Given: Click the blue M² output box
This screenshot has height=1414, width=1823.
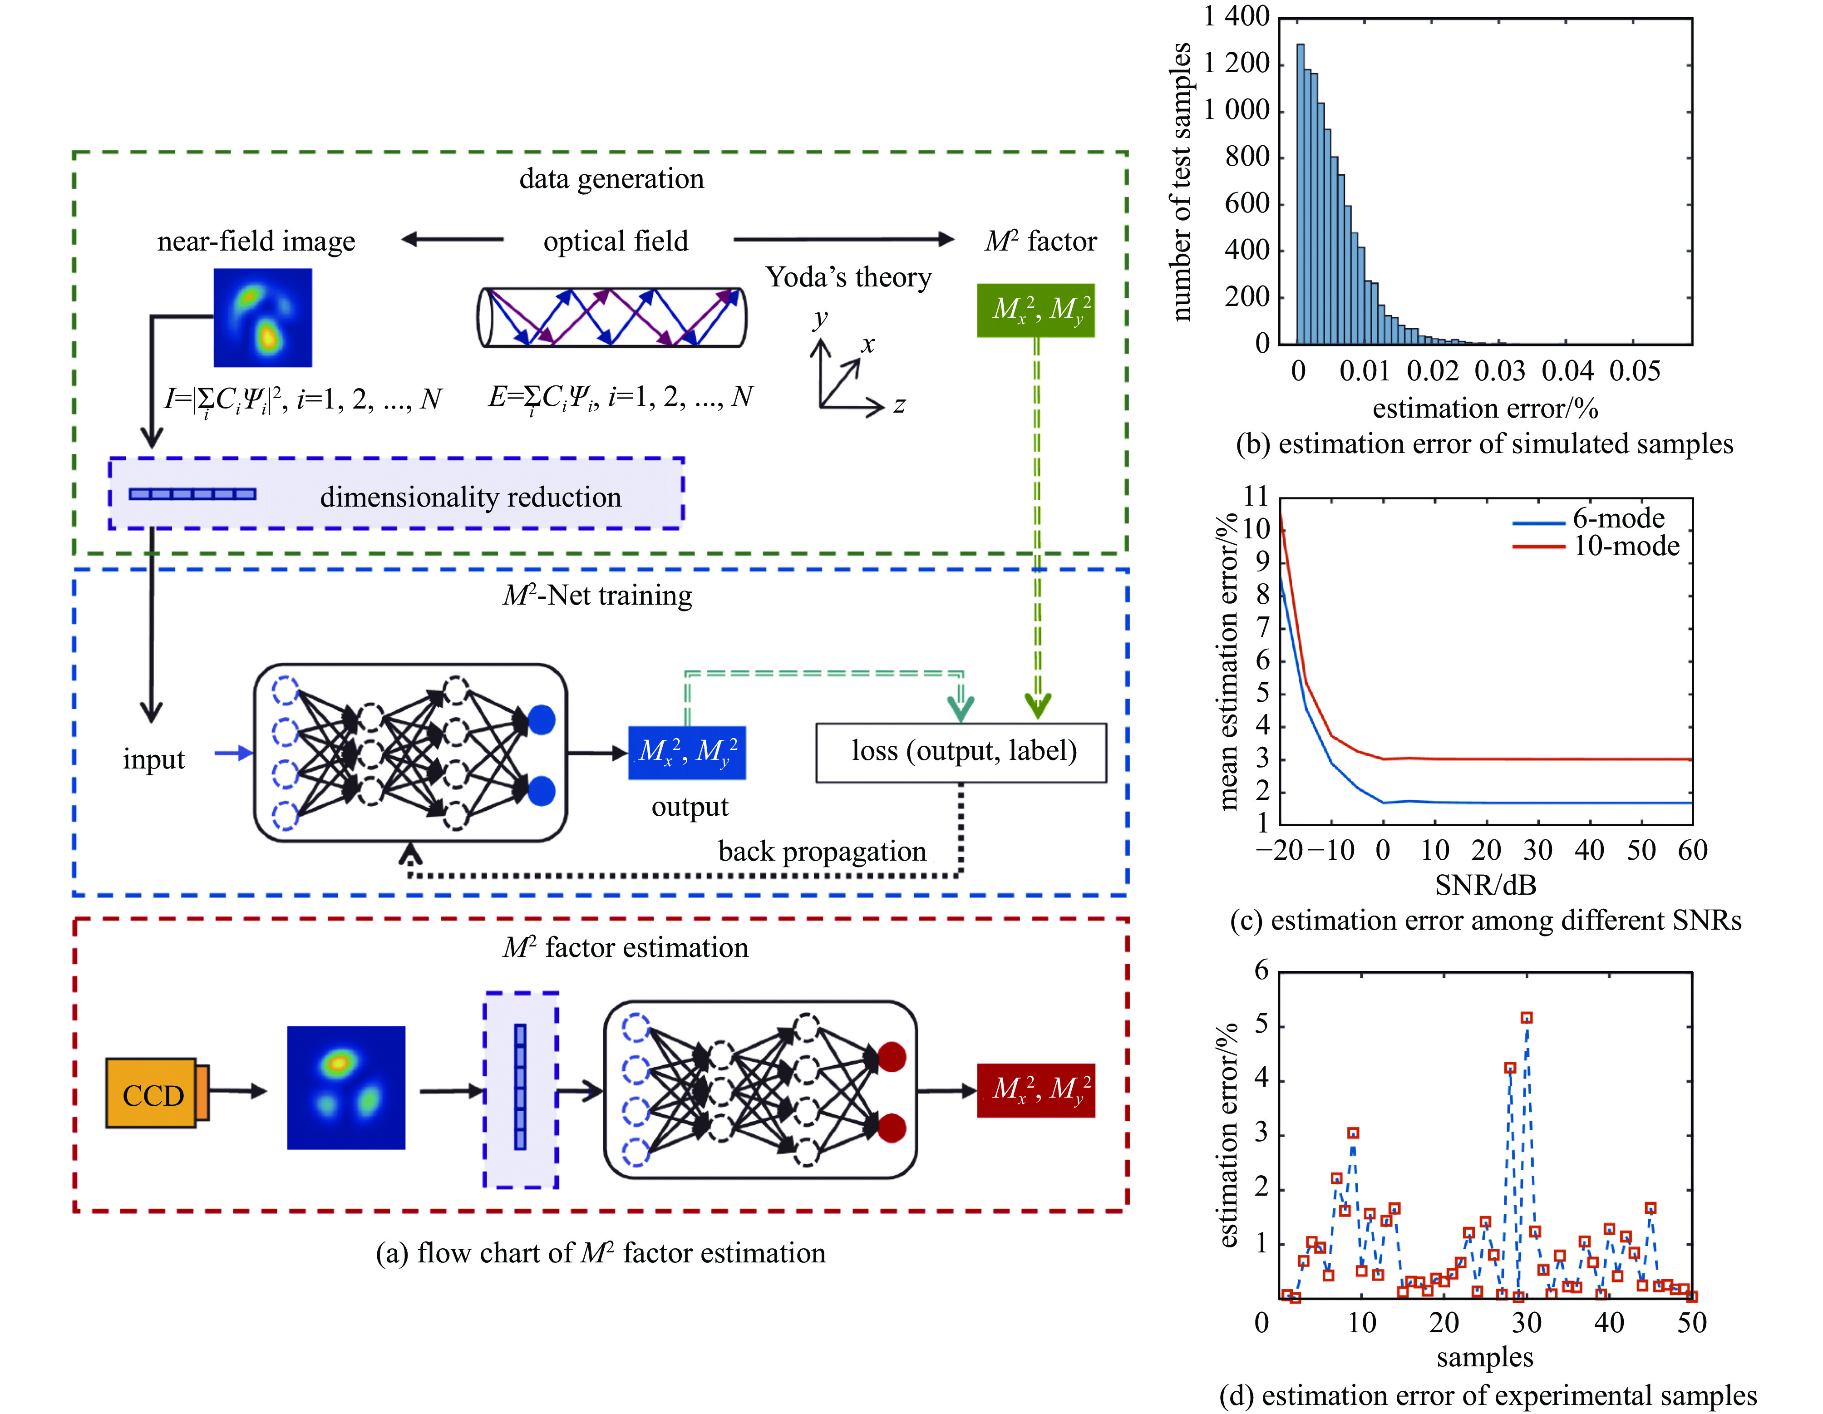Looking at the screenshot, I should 686,752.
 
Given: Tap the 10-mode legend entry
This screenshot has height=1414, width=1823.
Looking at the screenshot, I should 1625,547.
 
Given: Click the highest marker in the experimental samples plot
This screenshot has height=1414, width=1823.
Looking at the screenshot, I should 1527,1018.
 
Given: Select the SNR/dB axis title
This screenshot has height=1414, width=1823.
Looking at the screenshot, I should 1485,885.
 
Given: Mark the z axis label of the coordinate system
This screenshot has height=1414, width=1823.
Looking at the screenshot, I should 899,406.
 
